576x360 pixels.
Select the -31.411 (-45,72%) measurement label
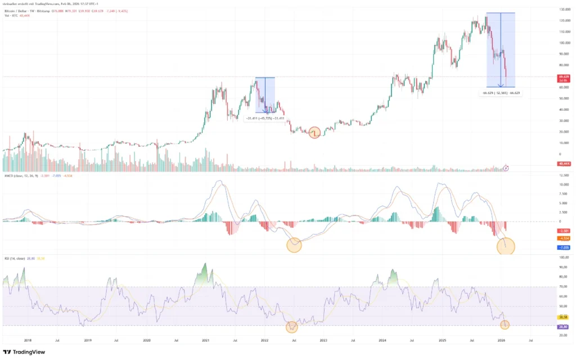point(265,118)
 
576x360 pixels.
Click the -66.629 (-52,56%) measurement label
point(501,93)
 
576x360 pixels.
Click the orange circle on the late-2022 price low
point(314,133)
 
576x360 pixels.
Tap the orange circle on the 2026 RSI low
point(505,325)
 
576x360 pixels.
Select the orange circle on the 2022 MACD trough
point(294,245)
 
